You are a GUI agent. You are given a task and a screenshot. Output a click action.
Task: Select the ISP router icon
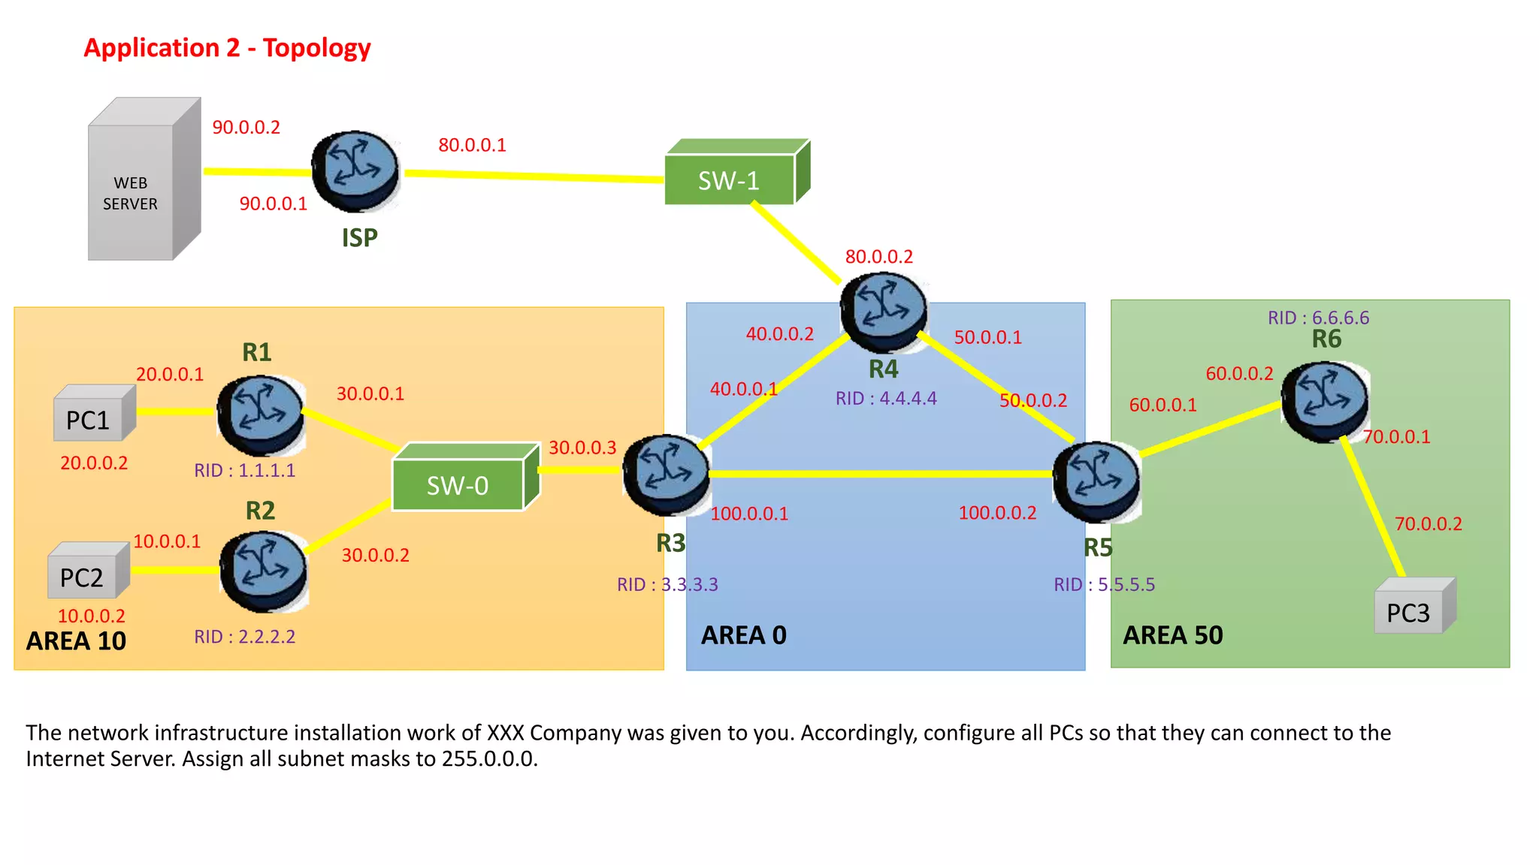coord(355,171)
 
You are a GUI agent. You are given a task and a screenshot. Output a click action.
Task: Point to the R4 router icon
coord(884,312)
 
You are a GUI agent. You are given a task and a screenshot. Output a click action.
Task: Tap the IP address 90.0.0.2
coord(246,128)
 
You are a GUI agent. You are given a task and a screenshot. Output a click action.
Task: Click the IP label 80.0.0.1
coord(472,145)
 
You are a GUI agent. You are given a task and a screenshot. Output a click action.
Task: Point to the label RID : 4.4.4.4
coord(886,398)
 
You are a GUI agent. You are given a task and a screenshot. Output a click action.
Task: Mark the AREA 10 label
coord(76,640)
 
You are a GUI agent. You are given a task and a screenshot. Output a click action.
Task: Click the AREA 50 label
coord(1172,635)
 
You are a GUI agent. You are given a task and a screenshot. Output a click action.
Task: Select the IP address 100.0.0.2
coord(997,513)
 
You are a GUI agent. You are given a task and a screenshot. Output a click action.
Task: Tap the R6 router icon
coord(1325,401)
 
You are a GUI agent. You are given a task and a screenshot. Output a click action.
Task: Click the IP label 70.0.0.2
coord(1428,524)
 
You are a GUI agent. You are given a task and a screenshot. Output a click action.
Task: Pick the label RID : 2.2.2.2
coord(244,637)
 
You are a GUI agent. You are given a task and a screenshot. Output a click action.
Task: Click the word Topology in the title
coord(316,48)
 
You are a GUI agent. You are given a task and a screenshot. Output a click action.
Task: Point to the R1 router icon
coord(261,414)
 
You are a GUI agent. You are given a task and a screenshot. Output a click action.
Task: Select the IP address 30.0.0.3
coord(582,448)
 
